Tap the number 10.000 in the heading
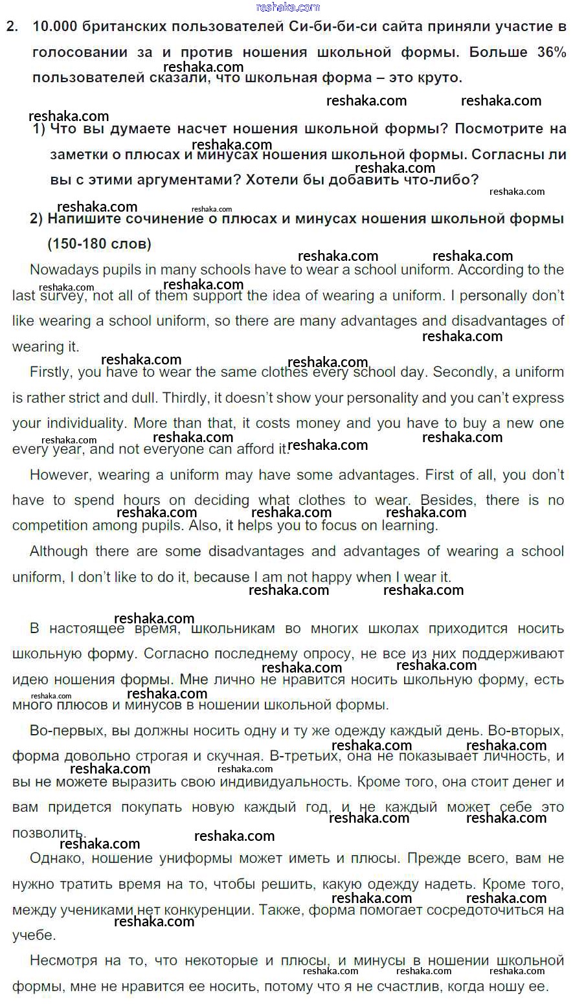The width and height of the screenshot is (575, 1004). coord(55,27)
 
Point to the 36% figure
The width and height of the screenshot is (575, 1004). coord(551,52)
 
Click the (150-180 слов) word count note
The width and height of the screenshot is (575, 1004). coord(99,244)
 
